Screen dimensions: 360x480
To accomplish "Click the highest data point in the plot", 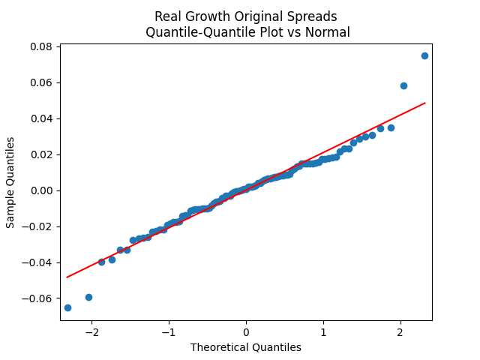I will pos(424,55).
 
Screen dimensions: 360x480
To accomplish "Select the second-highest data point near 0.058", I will pos(403,85).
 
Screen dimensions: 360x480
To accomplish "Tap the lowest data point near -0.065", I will pos(67,307).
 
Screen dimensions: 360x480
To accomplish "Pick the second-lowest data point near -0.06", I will pos(88,297).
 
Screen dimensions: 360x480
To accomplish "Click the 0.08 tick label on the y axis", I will pos(41,46).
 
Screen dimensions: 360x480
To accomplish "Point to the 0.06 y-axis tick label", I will pos(41,82).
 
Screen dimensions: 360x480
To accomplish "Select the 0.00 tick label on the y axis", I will pos(41,190).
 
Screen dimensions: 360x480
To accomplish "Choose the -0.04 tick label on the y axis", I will pos(39,262).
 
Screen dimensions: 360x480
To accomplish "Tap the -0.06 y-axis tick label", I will pos(39,298).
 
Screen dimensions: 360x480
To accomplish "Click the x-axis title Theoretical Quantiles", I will pos(246,347).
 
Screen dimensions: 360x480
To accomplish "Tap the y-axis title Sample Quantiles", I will pos(11,182).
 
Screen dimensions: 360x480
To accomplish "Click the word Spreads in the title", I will pos(310,16).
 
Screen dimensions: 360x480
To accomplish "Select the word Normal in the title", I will pos(328,32).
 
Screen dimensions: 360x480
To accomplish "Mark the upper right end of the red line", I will pos(424,103).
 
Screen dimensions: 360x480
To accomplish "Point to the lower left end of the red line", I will pos(67,277).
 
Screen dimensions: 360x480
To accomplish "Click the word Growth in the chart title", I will pos(207,16).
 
